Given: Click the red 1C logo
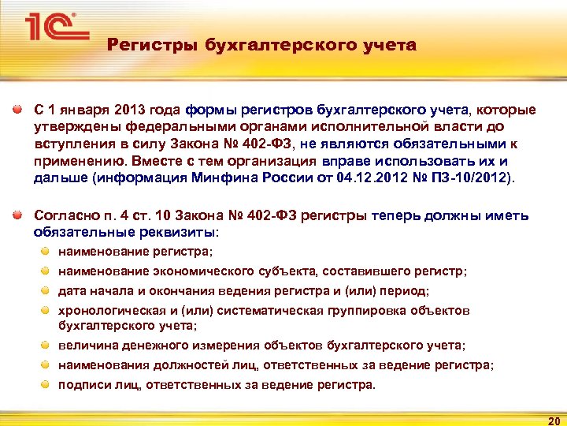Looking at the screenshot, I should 52,27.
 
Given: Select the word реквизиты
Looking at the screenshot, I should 178,233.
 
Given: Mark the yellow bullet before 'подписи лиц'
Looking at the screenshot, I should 46,384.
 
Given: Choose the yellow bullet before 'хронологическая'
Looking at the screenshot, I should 46,310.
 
